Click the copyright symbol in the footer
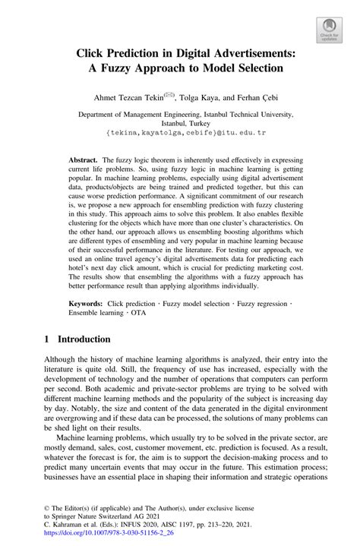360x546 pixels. pyautogui.click(x=45, y=503)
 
